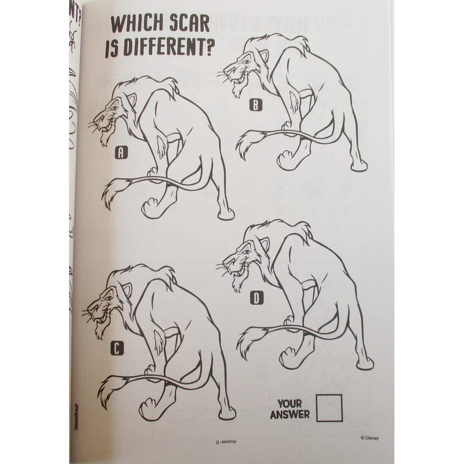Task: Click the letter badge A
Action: (121, 153)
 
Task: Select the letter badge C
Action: (117, 348)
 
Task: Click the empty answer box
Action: (329, 408)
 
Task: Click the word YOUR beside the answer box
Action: (292, 403)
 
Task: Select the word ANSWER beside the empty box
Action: (289, 414)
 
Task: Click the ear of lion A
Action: (131, 103)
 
